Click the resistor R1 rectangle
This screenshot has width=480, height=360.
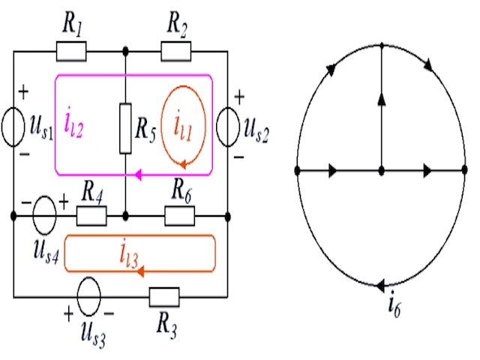tap(71, 52)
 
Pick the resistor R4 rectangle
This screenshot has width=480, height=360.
tap(91, 217)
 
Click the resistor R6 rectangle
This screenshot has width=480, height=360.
tap(180, 217)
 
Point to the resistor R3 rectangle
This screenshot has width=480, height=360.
tap(164, 297)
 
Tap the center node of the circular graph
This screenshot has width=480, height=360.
tap(382, 171)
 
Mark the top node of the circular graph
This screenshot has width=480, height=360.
tap(382, 44)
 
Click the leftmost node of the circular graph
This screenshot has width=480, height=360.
tap(298, 171)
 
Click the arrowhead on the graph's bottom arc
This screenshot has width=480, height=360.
tap(382, 285)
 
